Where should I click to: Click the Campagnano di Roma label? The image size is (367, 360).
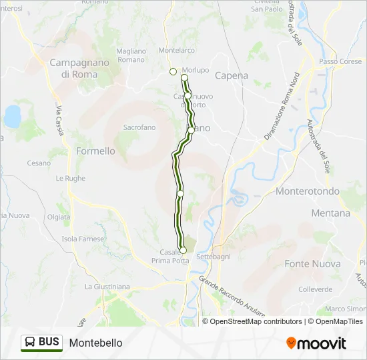(x=73, y=69)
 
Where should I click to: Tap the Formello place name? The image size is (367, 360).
(x=95, y=151)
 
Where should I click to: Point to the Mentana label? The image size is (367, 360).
(x=330, y=213)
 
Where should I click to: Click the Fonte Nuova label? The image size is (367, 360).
(x=312, y=264)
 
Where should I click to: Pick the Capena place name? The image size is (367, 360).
(x=232, y=75)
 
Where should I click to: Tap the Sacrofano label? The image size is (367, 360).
(x=139, y=127)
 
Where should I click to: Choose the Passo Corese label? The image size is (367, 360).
(x=340, y=61)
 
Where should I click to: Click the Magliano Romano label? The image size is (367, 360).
(x=130, y=55)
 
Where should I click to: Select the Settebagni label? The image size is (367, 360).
(x=213, y=256)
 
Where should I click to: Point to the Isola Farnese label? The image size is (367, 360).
(x=83, y=239)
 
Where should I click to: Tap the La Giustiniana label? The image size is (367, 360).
(x=107, y=287)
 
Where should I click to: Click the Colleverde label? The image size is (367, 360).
(x=316, y=289)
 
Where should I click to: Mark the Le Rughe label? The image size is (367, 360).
(x=70, y=178)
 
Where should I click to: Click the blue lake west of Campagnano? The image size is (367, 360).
(x=13, y=116)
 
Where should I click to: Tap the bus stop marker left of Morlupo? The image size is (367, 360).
(x=173, y=71)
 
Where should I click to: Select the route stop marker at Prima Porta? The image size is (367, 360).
(x=183, y=251)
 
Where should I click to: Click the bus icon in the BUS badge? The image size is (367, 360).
(x=30, y=342)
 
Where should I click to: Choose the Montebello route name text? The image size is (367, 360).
(x=95, y=343)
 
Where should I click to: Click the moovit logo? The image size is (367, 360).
(x=316, y=343)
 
